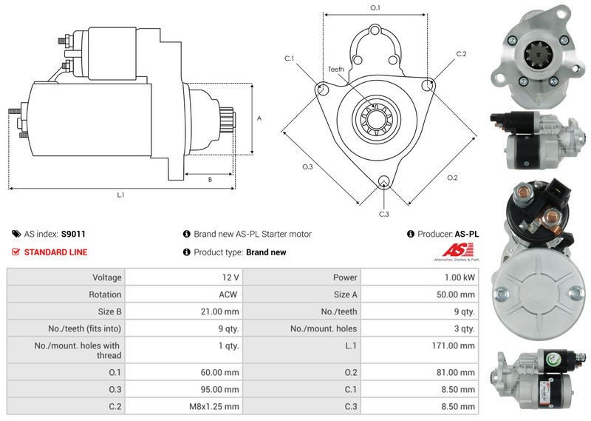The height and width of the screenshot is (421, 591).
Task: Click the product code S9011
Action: tap(73, 234)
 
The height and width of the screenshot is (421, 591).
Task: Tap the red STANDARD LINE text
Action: tap(55, 252)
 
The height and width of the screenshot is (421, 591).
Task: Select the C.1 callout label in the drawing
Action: tap(290, 58)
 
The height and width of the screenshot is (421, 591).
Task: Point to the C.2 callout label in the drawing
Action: tap(461, 54)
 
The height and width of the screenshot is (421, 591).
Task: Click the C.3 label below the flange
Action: tap(383, 215)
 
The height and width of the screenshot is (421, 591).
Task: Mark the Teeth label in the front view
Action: tap(336, 70)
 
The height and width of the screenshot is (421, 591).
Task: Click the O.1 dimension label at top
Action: tap(375, 7)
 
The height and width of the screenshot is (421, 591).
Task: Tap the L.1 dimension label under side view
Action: tap(120, 195)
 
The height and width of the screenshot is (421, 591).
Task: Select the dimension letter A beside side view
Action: tap(259, 118)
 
